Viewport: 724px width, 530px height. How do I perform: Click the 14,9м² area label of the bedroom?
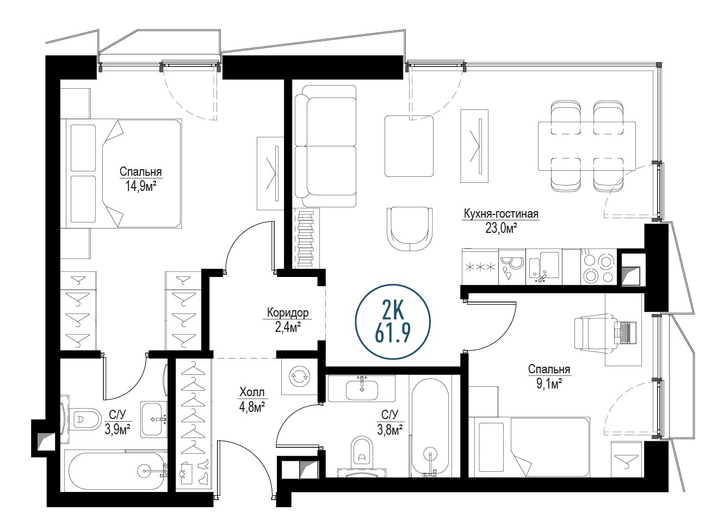pos(141,187)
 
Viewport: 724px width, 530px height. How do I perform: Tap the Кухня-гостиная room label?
pos(501,214)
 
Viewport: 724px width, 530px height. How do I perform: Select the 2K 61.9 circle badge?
pos(393,322)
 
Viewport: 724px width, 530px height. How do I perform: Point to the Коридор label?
pos(288,313)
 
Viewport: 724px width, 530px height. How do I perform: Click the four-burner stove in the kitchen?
pos(599,267)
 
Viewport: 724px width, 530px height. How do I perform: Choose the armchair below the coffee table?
pos(410,229)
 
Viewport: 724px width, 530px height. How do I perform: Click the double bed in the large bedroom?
pos(123,174)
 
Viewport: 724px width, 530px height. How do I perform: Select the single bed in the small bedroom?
pos(529,447)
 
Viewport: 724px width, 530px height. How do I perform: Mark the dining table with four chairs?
pos(586,146)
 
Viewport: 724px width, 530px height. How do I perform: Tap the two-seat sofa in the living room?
pos(325,146)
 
